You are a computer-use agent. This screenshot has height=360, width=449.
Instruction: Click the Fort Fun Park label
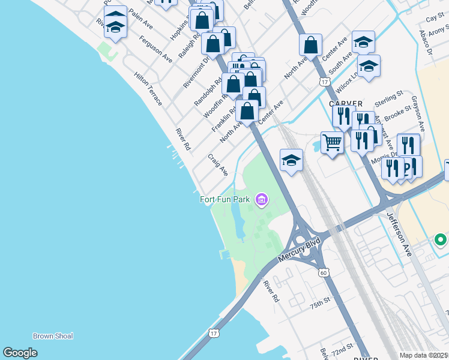tap(224, 199)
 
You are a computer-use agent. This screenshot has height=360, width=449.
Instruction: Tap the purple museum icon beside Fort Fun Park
tap(261, 199)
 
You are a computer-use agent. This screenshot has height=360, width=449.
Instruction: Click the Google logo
tap(20, 352)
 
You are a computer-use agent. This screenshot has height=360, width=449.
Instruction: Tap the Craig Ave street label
tap(218, 164)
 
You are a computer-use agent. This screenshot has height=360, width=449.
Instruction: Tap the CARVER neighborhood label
tap(346, 103)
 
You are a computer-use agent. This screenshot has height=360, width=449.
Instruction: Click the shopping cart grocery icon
tap(331, 143)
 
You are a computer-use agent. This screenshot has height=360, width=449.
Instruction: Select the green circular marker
tap(441, 241)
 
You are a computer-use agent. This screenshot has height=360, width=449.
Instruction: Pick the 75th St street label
tap(321, 303)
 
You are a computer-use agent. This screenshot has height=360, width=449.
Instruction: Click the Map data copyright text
tap(424, 355)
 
